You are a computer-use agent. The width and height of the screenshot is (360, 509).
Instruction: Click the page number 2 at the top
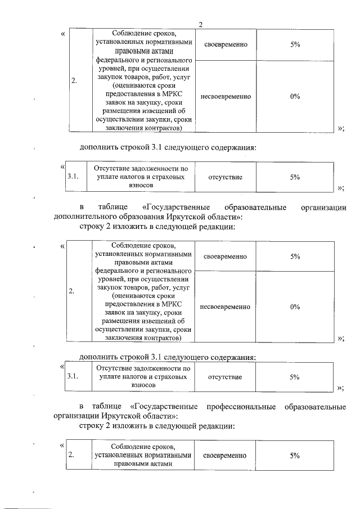[x=200, y=24]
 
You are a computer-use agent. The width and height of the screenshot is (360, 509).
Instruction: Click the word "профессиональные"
[x=237, y=406]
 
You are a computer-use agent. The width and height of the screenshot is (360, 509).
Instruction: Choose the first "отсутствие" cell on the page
[x=225, y=177]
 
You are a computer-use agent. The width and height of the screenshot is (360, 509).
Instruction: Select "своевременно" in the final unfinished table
[x=225, y=455]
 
